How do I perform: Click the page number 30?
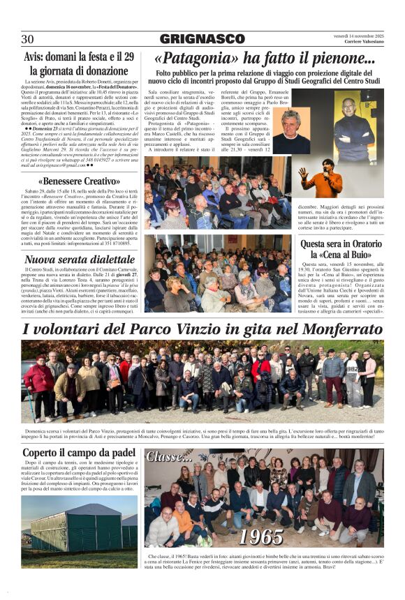pyautogui.click(x=28, y=39)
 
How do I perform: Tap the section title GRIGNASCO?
pyautogui.click(x=202, y=39)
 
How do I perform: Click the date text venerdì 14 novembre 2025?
pyautogui.click(x=358, y=36)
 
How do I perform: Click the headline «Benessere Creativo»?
pyautogui.click(x=79, y=181)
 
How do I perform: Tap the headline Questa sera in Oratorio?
pyautogui.click(x=341, y=244)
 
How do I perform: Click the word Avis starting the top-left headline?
pyautogui.click(x=36, y=57)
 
